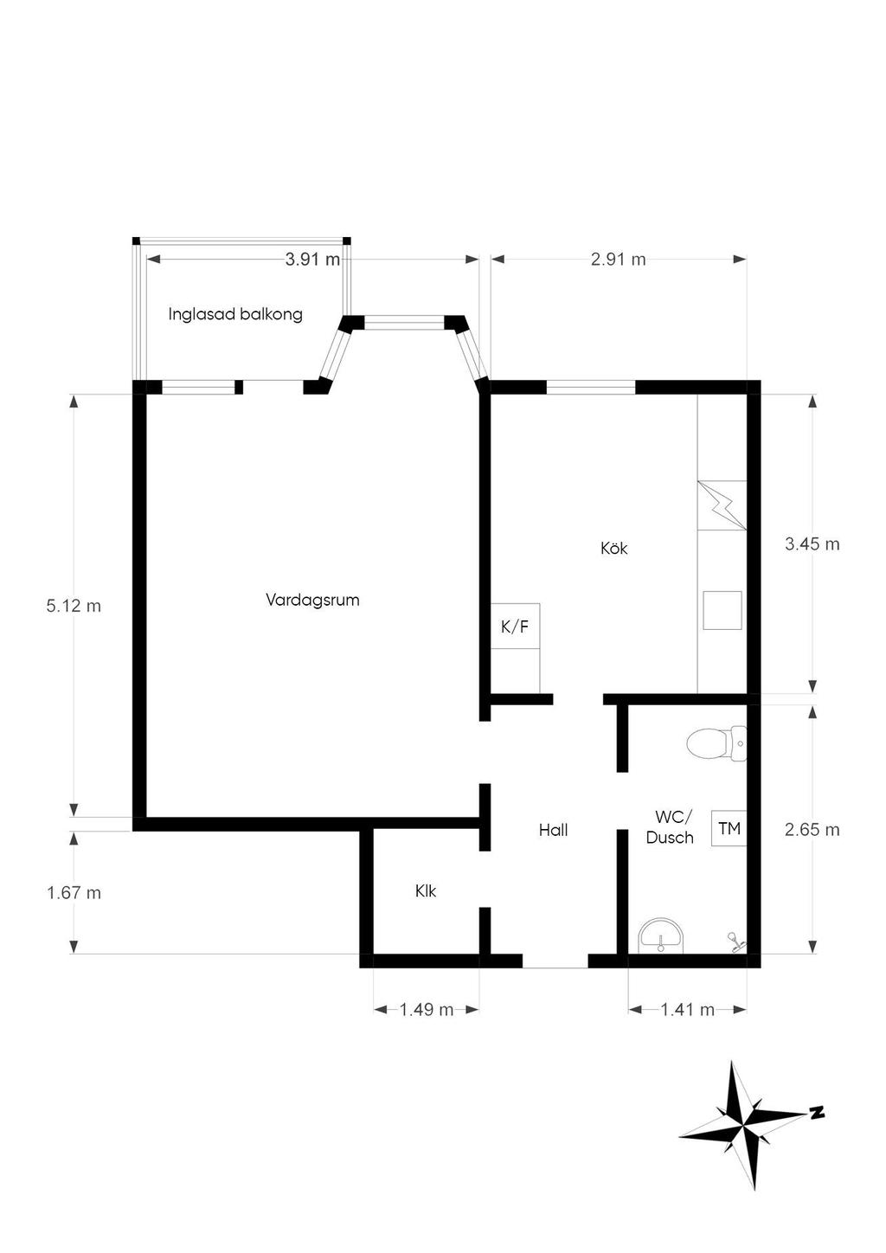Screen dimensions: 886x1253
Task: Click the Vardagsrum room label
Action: click(x=312, y=601)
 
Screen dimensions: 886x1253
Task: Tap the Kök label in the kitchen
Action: click(x=614, y=548)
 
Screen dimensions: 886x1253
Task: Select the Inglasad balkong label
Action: click(x=235, y=314)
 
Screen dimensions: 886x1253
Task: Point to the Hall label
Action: click(x=553, y=830)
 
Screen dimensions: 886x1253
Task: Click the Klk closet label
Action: click(x=426, y=891)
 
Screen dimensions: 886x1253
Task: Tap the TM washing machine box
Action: click(x=729, y=828)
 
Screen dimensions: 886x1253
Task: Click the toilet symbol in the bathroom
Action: click(x=716, y=743)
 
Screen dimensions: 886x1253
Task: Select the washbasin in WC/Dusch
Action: click(x=660, y=935)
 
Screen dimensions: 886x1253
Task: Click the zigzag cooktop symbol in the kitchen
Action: click(x=722, y=505)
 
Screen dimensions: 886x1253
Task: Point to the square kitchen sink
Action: click(x=722, y=610)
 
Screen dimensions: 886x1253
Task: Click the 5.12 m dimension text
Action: click(x=74, y=606)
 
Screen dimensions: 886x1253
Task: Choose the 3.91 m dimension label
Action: click(x=312, y=260)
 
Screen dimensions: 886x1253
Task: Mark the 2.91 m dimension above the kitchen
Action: click(x=618, y=260)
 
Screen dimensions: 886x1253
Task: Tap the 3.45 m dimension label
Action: click(x=812, y=544)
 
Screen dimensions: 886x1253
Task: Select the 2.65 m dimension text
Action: click(x=812, y=830)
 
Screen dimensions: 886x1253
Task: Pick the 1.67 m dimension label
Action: click(x=74, y=893)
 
